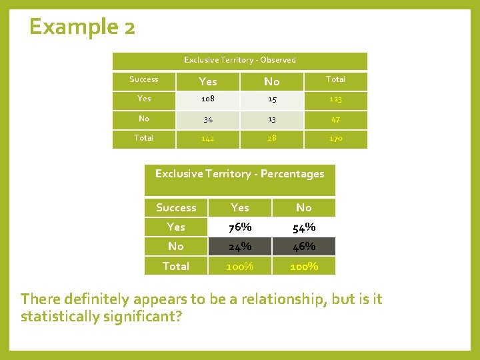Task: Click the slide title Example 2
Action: coord(82,27)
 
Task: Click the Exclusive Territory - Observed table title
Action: coord(239,60)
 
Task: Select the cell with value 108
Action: coord(208,99)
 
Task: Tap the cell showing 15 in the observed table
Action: coord(271,99)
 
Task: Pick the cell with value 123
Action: coord(335,99)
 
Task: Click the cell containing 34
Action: coord(208,119)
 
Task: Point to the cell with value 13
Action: coord(271,119)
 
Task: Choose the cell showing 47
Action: coord(335,119)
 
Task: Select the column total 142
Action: coord(208,139)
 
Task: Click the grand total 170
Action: coord(335,139)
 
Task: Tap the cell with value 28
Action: coord(271,139)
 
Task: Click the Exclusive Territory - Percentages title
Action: coord(239,174)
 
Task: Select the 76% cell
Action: coord(240,227)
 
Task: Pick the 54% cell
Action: coord(304,227)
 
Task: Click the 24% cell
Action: coord(240,247)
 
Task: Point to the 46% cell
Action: coord(304,247)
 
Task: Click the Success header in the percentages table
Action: coord(176,207)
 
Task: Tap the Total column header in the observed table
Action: coord(335,79)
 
